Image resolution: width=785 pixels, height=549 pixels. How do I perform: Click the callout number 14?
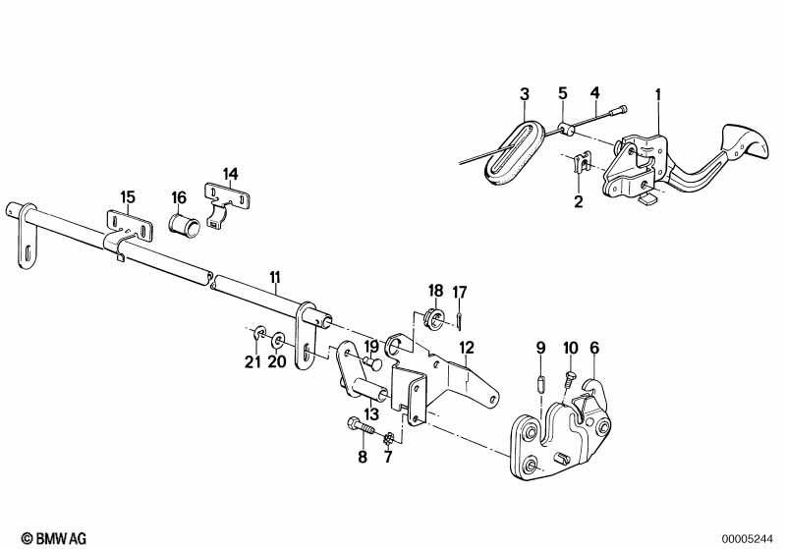click(230, 174)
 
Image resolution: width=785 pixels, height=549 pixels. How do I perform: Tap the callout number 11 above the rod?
click(275, 277)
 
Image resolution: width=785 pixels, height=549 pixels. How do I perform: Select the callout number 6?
click(594, 348)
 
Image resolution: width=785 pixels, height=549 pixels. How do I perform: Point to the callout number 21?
click(252, 361)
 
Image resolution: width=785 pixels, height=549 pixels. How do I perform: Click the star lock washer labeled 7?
click(388, 439)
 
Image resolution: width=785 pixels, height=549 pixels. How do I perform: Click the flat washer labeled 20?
click(278, 342)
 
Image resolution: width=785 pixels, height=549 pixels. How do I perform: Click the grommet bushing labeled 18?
click(434, 317)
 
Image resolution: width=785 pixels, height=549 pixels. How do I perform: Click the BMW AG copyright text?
click(54, 538)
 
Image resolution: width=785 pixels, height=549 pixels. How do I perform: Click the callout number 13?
click(371, 414)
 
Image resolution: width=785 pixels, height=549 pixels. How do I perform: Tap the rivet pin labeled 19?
click(372, 363)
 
